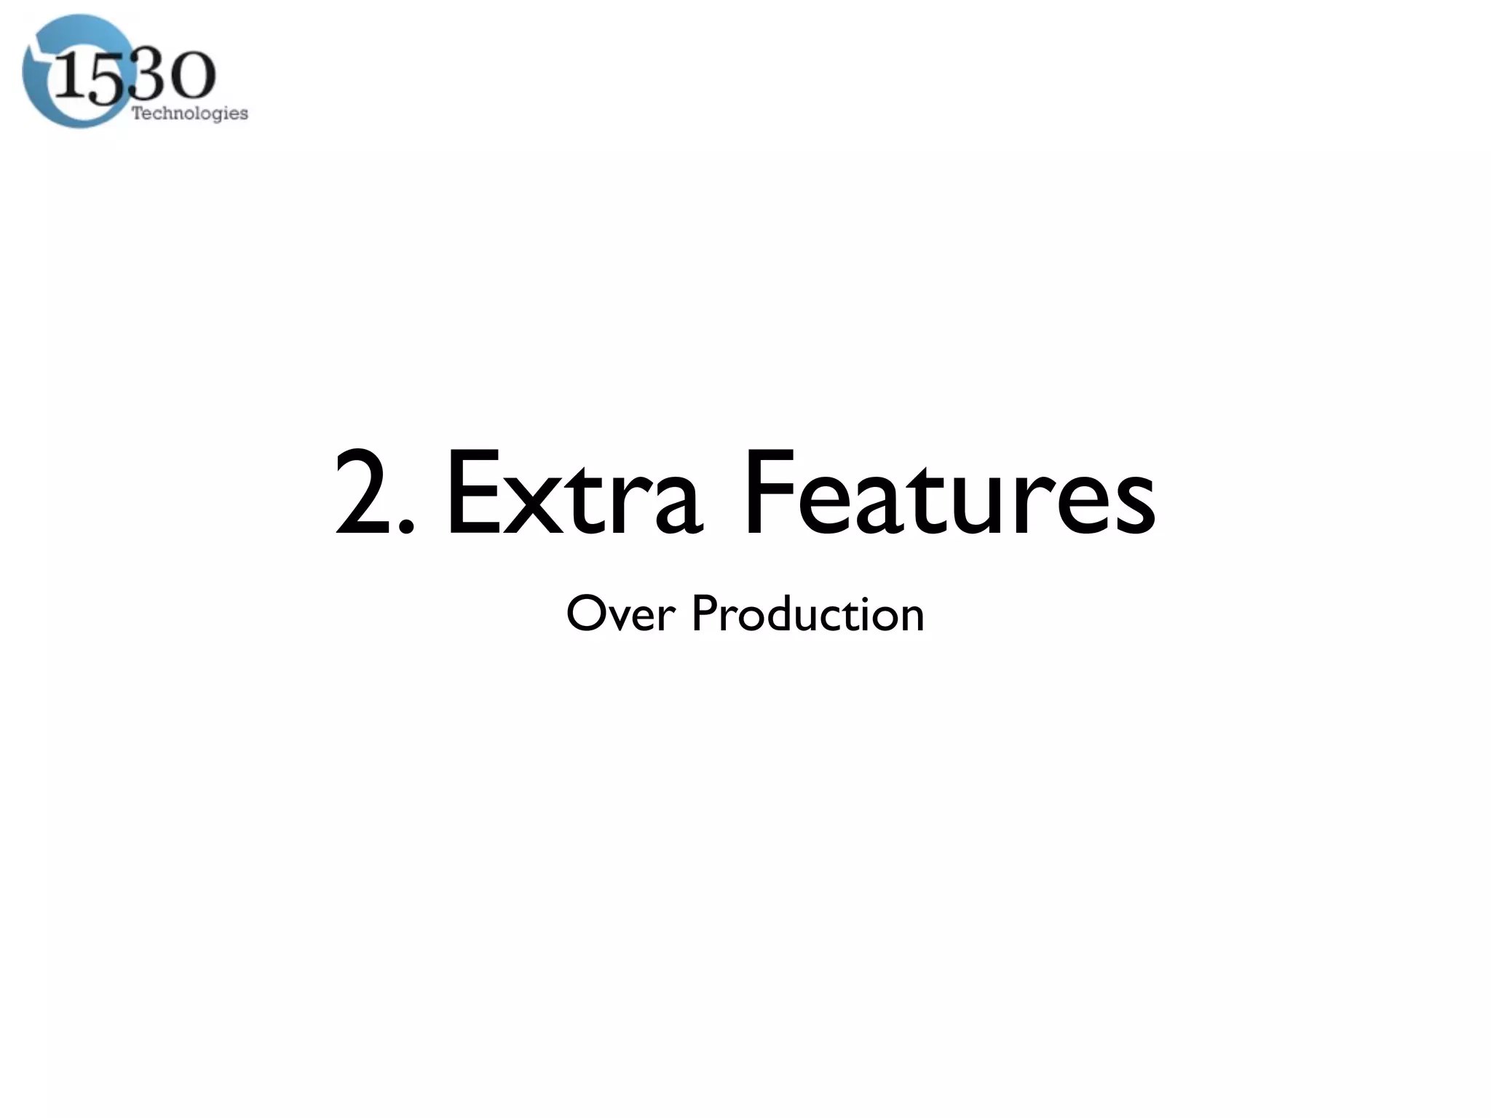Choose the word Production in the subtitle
(807, 614)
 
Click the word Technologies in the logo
(189, 114)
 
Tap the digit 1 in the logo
(71, 79)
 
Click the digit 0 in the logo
(191, 77)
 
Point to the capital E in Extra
(471, 493)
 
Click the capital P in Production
(704, 614)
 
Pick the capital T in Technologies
(137, 113)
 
